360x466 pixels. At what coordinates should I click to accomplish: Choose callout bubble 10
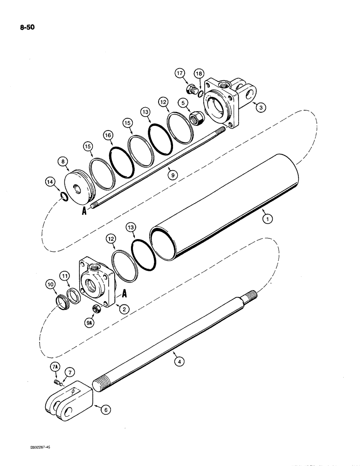pyautogui.click(x=50, y=284)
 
